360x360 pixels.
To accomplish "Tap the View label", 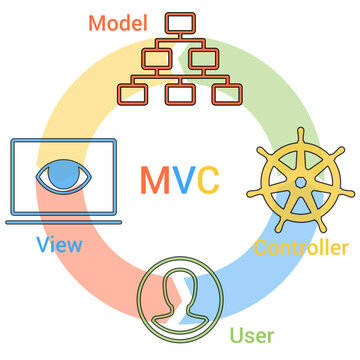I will (x=59, y=244).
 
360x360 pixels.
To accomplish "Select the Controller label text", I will (x=301, y=247).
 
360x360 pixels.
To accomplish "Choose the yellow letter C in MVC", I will (x=207, y=179).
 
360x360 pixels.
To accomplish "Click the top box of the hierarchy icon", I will (x=183, y=21).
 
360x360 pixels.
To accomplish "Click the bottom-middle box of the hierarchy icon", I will (x=182, y=94).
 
